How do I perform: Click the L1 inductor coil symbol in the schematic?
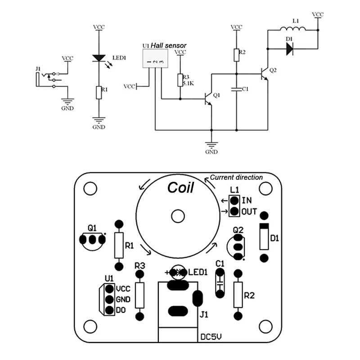[293, 28]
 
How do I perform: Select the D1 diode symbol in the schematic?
[290, 49]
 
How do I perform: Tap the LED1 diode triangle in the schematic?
[99, 58]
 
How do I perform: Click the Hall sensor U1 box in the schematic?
[155, 58]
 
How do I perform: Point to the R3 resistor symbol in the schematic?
[180, 80]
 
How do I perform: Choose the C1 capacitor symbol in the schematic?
[237, 89]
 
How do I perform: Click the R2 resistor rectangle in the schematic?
[237, 55]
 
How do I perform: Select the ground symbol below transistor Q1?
[211, 145]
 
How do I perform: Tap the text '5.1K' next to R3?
[189, 83]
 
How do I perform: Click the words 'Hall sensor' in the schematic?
[168, 45]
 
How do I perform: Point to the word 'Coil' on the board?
[181, 188]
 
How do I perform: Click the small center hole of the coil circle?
[178, 216]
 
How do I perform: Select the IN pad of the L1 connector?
[234, 200]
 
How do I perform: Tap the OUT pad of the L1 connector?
[234, 211]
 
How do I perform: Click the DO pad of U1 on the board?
[109, 310]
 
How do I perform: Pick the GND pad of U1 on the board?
[109, 299]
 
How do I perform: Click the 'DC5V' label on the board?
[211, 337]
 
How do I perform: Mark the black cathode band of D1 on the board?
[264, 226]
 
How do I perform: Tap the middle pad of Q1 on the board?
[92, 240]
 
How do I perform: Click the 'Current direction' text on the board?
[236, 177]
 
